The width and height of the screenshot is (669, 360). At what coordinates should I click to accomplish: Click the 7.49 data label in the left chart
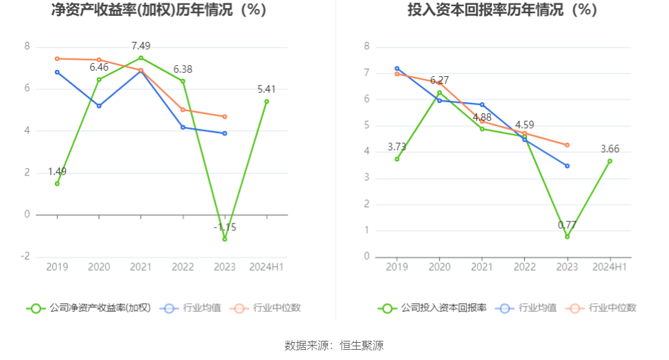coord(141,46)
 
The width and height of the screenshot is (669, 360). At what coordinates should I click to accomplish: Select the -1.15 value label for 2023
coord(224,227)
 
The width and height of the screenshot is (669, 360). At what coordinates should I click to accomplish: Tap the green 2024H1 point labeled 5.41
coord(267,101)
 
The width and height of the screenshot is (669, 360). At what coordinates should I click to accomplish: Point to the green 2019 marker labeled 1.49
coord(57,184)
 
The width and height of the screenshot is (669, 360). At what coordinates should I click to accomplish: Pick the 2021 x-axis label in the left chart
coord(141,267)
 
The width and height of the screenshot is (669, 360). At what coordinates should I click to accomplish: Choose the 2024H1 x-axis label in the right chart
coord(609,267)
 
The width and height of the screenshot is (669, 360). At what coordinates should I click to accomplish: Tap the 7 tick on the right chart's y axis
coord(367,73)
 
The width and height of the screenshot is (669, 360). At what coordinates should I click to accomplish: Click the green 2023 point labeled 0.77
coord(567,237)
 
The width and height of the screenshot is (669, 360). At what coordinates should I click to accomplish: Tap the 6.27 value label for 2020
coord(440,80)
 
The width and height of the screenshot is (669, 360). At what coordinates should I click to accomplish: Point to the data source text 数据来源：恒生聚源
coord(334,346)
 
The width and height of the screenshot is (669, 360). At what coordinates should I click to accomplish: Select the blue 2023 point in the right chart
coord(567,166)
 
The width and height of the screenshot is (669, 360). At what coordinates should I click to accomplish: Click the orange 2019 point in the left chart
coord(57,58)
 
